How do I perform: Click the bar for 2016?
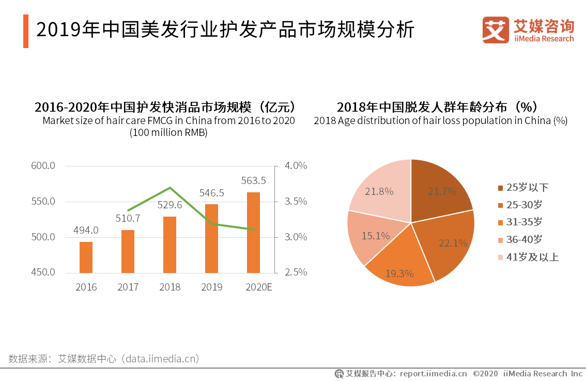tap(86, 257)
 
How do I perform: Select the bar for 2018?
tap(169, 245)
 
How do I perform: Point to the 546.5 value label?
tap(212, 193)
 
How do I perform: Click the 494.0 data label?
tap(86, 230)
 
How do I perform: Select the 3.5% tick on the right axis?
tap(296, 202)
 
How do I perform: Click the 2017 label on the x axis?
tap(128, 287)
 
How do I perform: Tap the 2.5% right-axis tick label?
tap(296, 272)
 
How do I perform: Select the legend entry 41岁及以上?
tap(528, 257)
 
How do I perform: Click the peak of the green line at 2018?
tap(170, 188)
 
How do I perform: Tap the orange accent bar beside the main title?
tap(26, 32)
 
